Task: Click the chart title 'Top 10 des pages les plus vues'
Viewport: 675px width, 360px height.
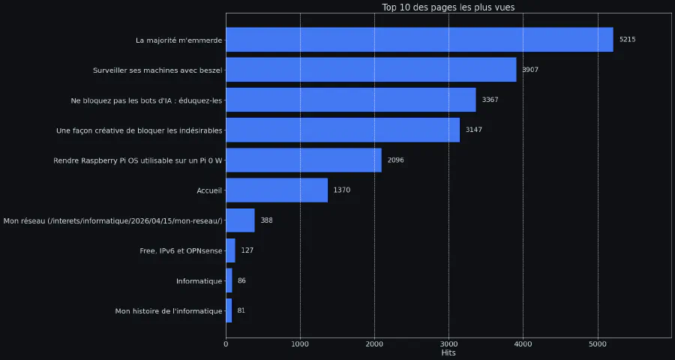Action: click(448, 7)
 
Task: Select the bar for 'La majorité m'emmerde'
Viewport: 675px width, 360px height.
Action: click(419, 40)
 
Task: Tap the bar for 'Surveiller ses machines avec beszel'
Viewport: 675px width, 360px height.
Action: click(370, 70)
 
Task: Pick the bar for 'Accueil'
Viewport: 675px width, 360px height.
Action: click(277, 190)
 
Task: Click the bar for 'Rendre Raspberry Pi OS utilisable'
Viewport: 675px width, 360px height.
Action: click(304, 160)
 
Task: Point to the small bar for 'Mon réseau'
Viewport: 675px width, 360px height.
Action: click(240, 220)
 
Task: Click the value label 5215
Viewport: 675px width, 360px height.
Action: click(627, 40)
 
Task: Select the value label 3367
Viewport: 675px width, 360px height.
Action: click(490, 100)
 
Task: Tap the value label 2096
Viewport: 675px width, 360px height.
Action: click(395, 160)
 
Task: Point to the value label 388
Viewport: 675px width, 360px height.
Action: click(266, 220)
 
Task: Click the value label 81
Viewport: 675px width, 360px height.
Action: click(241, 310)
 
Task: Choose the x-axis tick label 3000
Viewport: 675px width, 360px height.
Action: click(448, 344)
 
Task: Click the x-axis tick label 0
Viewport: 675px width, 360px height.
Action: click(226, 344)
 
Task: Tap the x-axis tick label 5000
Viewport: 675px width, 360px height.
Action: click(597, 344)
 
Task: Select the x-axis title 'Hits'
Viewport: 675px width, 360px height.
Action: click(448, 353)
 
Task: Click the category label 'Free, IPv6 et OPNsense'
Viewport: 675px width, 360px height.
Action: click(181, 250)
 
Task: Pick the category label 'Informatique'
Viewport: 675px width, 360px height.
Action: click(199, 280)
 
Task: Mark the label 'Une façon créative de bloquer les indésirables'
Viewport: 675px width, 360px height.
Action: click(139, 130)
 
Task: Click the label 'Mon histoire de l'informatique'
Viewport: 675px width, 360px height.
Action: click(169, 310)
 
